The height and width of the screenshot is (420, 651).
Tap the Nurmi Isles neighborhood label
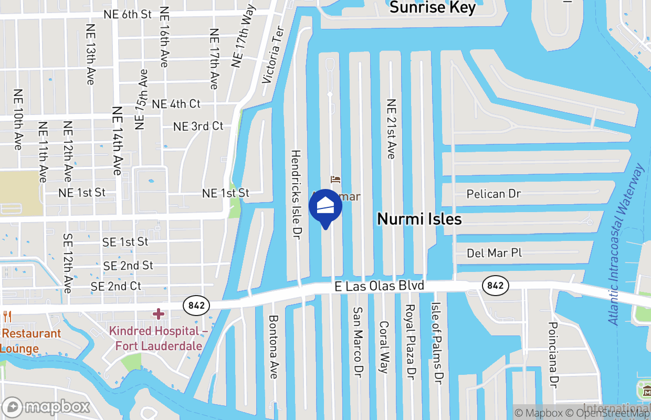tap(419, 219)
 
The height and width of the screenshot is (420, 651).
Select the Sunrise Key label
tap(433, 7)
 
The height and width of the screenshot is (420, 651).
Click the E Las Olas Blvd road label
tap(379, 286)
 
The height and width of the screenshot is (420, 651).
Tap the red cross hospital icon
tap(158, 314)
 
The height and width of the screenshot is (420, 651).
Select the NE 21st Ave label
tap(391, 129)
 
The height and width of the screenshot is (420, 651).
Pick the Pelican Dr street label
tap(493, 194)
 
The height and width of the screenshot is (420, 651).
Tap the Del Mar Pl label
tap(494, 253)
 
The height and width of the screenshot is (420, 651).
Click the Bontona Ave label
tap(273, 347)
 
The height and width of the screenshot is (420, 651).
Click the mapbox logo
tap(47, 407)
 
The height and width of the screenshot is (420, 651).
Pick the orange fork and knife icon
tap(7, 317)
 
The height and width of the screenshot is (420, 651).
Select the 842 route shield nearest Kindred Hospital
tap(196, 305)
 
